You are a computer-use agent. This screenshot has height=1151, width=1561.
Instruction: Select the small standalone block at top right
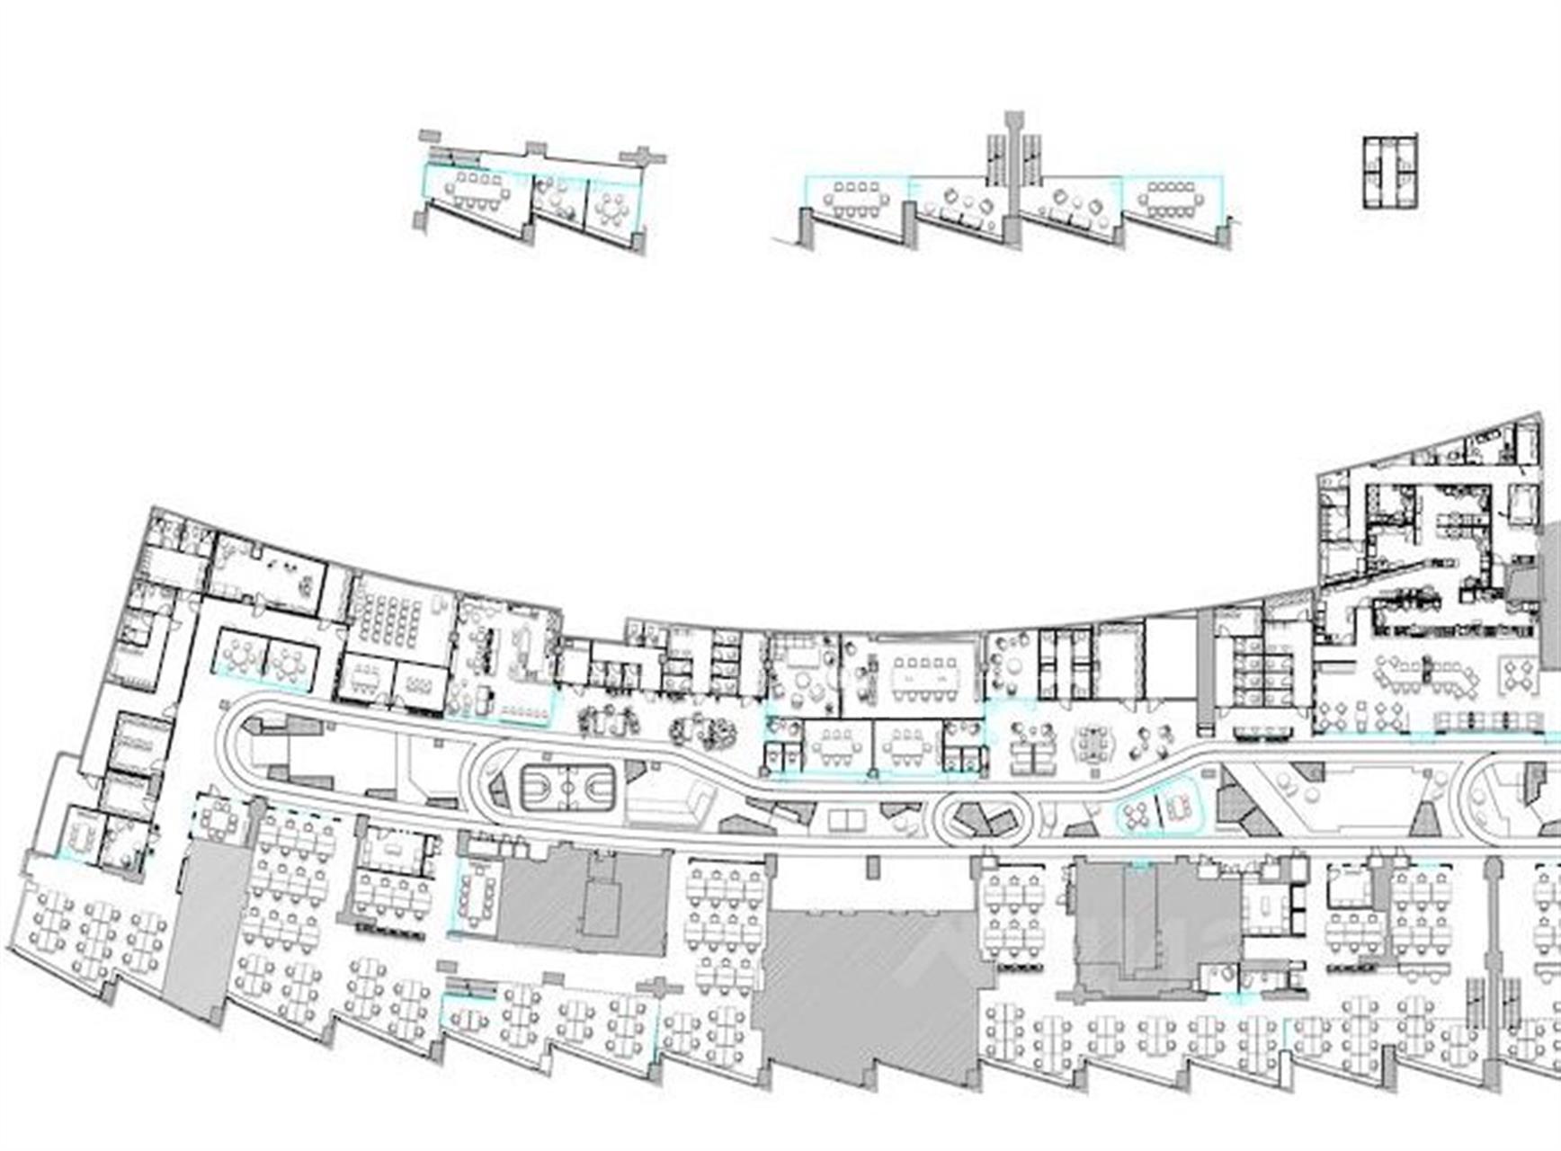(1390, 173)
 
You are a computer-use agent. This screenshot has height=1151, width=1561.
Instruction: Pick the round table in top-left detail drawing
(612, 210)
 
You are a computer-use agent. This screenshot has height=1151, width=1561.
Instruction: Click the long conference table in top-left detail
(478, 190)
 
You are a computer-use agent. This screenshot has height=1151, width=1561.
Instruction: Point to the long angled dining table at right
(1430, 674)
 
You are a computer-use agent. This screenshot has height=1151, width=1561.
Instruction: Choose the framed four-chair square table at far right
(1519, 675)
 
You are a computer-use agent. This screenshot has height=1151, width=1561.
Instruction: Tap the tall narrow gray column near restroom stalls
(1205, 665)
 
